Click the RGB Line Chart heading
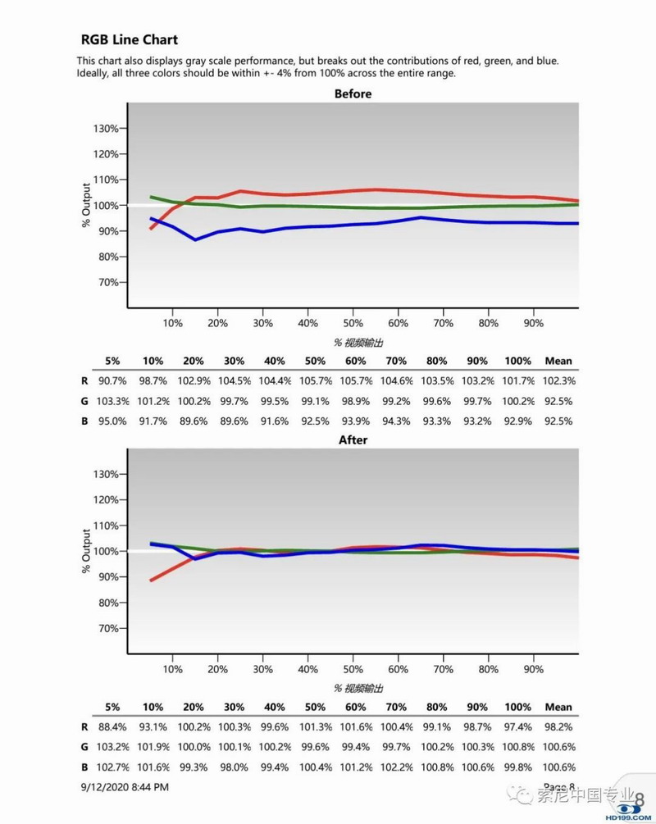pyautogui.click(x=129, y=39)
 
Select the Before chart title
pyautogui.click(x=353, y=94)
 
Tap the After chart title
pyautogui.click(x=353, y=440)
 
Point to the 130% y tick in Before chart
pyautogui.click(x=106, y=129)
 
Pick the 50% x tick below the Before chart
pyautogui.click(x=353, y=323)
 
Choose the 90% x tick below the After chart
pyautogui.click(x=533, y=669)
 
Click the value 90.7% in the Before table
pyautogui.click(x=112, y=380)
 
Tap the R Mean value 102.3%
pyautogui.click(x=558, y=380)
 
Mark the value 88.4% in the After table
pyautogui.click(x=112, y=726)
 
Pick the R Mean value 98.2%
pyautogui.click(x=558, y=726)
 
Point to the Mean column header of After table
pyautogui.click(x=558, y=707)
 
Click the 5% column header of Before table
pyautogui.click(x=112, y=361)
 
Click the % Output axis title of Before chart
pyautogui.click(x=86, y=205)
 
